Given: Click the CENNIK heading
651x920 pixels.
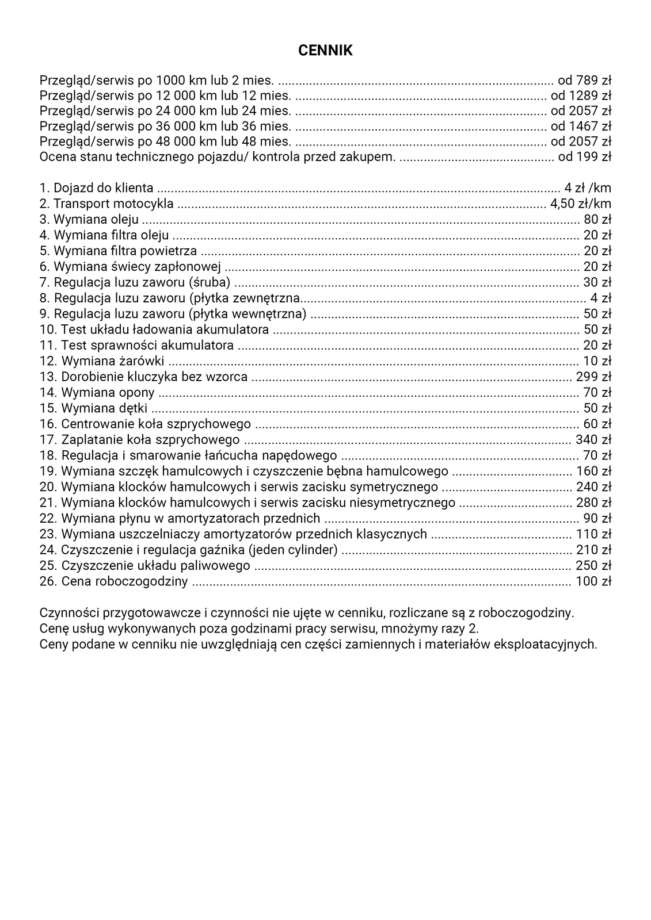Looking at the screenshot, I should coord(325,51).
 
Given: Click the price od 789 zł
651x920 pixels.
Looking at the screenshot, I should coord(584,79).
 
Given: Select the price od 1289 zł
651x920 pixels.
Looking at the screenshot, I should coord(581,95).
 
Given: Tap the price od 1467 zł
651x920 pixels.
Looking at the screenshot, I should coord(581,126).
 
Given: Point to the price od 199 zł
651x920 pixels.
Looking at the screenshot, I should coord(585,156).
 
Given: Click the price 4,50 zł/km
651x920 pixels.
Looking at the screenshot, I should coord(581,204).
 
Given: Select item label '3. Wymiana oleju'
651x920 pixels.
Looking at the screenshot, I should coord(89,219).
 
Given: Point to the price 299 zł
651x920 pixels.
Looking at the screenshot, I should coord(593,377).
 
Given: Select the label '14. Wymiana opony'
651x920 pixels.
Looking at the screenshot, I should coord(97,392).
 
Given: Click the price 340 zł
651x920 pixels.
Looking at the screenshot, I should coord(593,440).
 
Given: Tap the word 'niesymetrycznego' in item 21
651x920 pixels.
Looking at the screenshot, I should coord(402,503).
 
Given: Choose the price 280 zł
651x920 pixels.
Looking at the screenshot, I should coord(593,503).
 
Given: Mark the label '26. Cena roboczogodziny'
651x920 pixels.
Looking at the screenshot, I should coord(114,581).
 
